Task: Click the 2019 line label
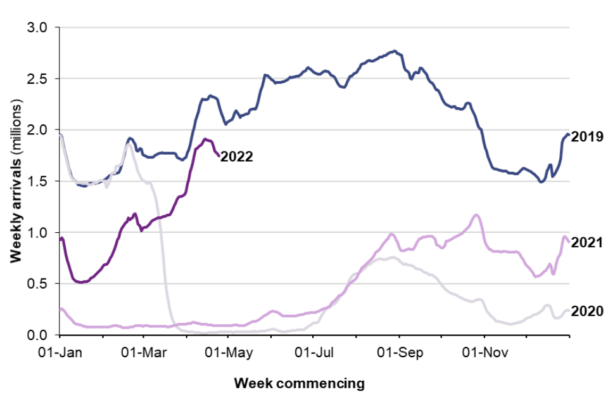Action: (x=586, y=136)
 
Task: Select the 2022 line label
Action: (x=237, y=157)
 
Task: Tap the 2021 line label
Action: (x=586, y=243)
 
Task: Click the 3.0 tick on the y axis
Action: (x=39, y=27)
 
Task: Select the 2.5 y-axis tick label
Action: (x=39, y=79)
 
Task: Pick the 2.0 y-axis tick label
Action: (x=39, y=130)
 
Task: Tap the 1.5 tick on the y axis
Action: (x=39, y=181)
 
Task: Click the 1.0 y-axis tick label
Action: (x=39, y=233)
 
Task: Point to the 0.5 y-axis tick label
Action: (x=39, y=284)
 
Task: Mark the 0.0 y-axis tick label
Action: (x=39, y=335)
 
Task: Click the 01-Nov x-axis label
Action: (x=485, y=350)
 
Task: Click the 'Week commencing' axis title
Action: (x=300, y=383)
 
